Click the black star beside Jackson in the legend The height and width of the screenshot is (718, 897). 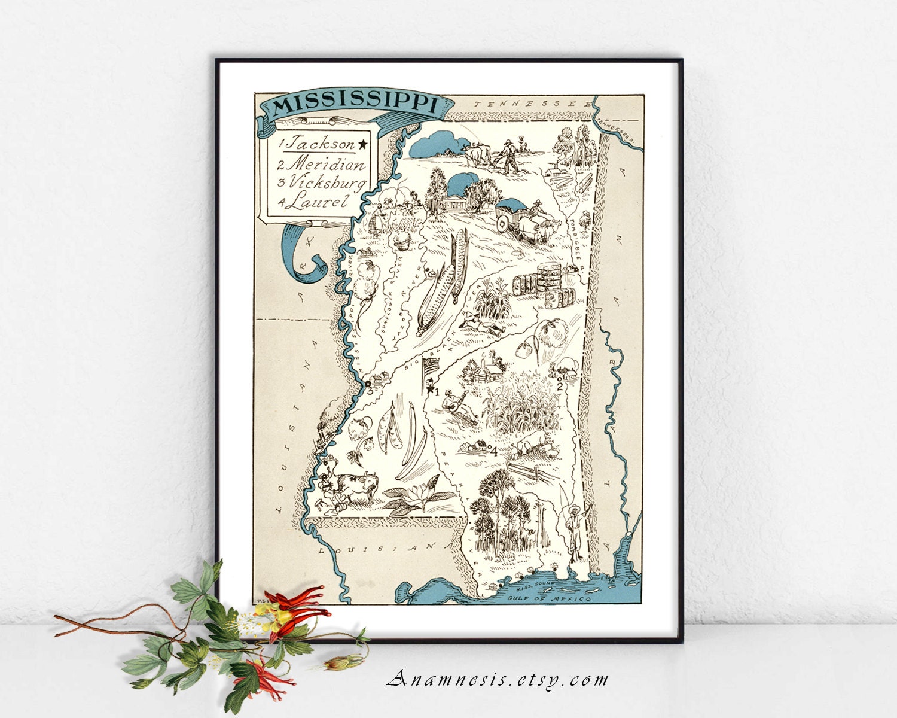coord(363,144)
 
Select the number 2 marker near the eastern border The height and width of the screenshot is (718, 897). coord(559,386)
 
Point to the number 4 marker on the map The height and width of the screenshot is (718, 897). coord(493,452)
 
